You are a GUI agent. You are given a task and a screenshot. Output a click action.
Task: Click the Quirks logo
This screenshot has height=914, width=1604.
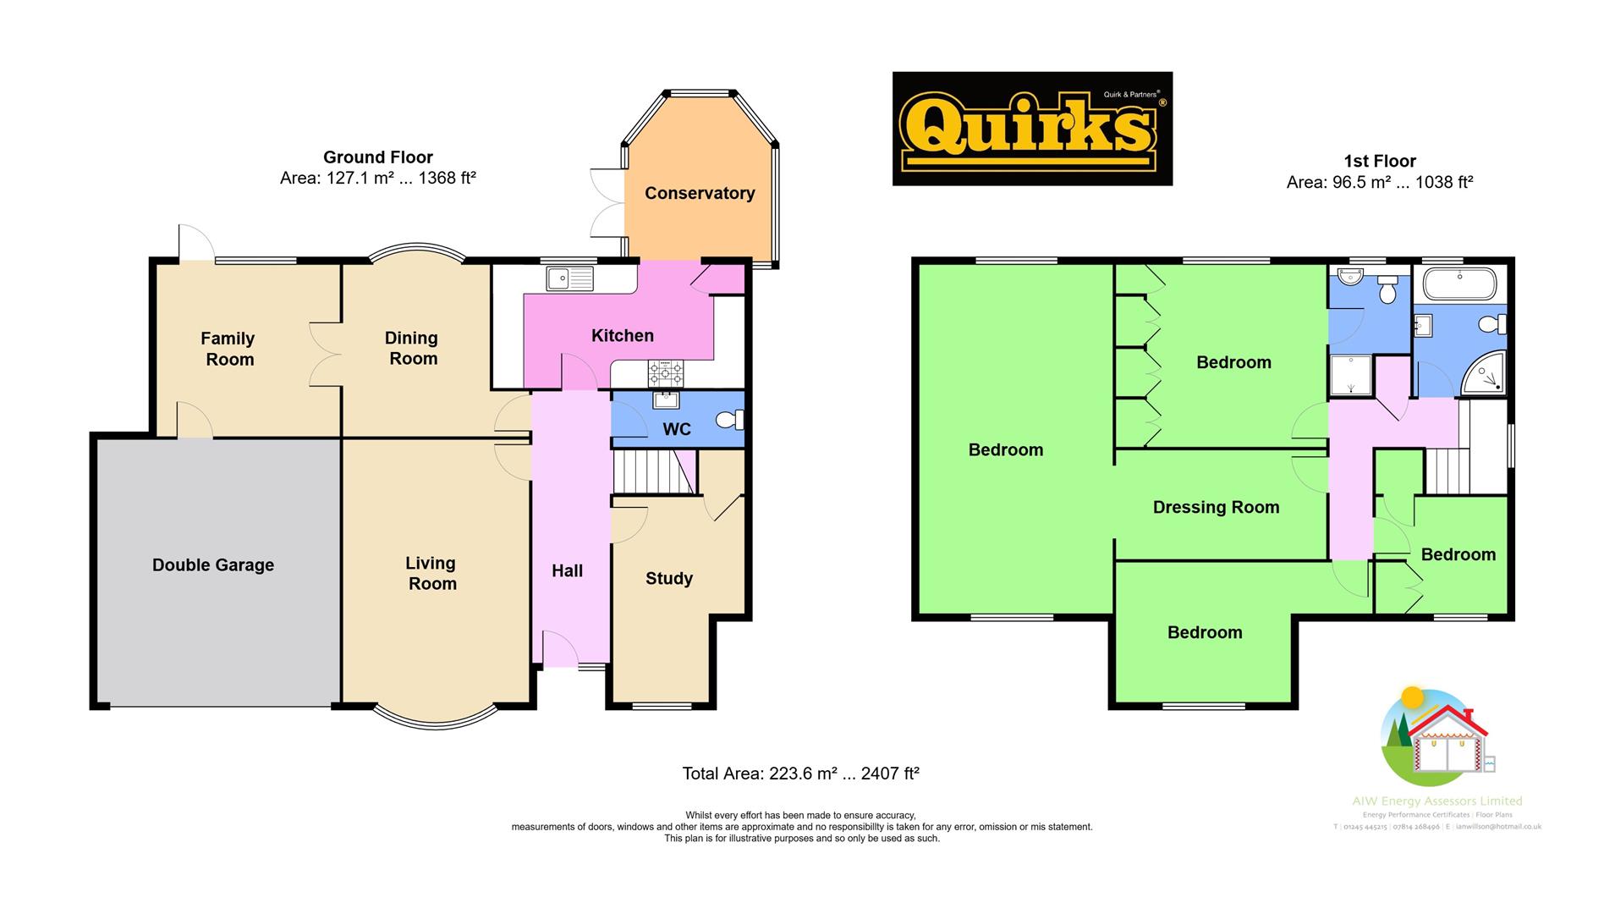tap(1032, 129)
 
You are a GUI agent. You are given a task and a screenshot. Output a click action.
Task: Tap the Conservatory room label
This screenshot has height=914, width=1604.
tap(700, 193)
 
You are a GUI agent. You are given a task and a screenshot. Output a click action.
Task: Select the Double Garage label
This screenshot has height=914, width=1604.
tap(213, 565)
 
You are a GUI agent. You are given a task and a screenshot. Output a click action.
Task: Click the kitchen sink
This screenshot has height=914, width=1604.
tap(570, 278)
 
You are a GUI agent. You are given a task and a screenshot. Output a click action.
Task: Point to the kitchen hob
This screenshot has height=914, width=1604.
tap(666, 372)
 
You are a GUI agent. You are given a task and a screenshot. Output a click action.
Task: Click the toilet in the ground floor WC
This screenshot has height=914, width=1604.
tap(729, 419)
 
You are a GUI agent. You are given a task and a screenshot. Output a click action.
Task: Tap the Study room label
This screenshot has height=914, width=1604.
tap(669, 579)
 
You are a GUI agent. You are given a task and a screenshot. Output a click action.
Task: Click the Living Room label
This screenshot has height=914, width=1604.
tap(431, 573)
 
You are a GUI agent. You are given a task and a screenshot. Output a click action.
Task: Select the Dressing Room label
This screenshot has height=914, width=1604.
tap(1216, 508)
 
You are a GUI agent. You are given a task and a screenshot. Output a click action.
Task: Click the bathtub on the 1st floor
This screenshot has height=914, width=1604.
tap(1459, 284)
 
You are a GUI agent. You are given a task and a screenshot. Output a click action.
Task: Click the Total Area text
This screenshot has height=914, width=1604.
tap(800, 774)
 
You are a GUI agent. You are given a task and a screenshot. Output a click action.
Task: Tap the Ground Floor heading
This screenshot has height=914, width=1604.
tap(378, 157)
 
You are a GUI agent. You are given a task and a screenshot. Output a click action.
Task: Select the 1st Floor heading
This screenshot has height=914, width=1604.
tap(1379, 161)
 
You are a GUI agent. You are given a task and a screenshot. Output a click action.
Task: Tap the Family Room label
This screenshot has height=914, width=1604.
tap(228, 349)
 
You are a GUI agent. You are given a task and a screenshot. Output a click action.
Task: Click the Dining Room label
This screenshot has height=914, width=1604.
tap(412, 348)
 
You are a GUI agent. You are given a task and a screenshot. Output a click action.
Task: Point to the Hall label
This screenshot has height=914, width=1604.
tap(567, 571)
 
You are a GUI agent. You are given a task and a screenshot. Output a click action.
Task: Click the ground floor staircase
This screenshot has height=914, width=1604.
tap(651, 471)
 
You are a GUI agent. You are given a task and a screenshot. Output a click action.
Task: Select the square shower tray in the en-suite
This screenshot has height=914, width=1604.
tap(1350, 375)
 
